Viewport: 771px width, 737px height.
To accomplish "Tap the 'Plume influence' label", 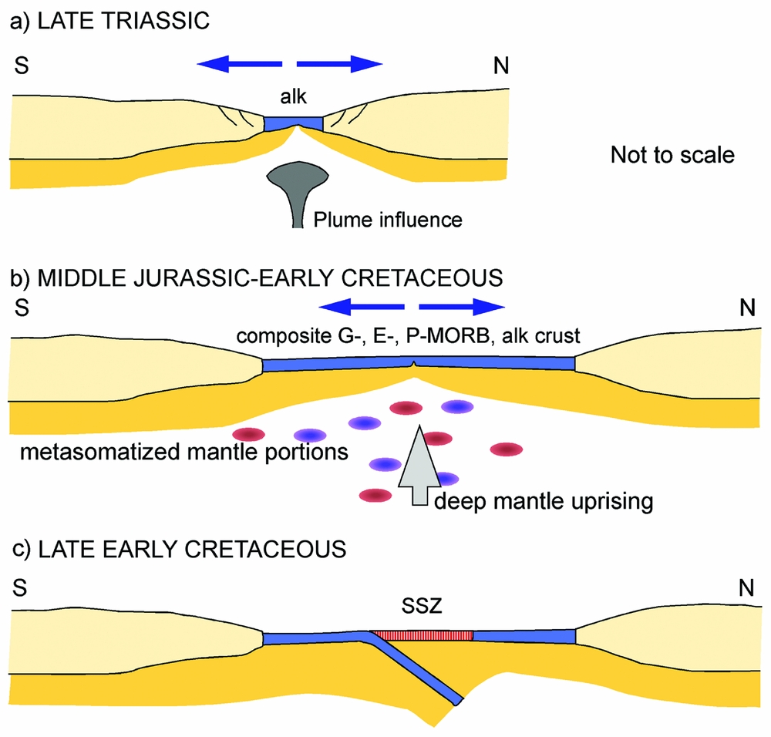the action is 388,220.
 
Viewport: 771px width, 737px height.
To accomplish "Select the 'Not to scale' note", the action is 672,155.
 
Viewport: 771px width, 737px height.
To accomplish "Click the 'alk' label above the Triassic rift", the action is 294,97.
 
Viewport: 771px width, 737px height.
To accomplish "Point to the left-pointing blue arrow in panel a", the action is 240,64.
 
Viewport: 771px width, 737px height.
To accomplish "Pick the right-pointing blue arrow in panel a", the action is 340,64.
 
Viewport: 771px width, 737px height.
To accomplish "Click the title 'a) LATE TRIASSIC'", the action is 109,21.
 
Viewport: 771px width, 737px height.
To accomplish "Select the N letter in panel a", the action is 501,66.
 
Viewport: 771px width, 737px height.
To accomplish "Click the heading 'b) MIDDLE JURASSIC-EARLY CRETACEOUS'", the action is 256,278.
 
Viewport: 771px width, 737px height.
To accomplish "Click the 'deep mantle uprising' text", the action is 544,502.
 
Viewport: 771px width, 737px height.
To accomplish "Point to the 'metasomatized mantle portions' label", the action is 184,452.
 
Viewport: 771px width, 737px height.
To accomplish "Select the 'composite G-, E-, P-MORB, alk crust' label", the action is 408,336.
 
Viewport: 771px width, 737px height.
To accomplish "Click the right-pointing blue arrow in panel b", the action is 462,307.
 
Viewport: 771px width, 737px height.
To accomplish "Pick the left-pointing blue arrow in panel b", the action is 362,307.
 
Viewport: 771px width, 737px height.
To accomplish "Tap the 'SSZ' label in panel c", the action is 422,606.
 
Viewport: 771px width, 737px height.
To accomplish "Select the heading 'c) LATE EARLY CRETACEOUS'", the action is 179,549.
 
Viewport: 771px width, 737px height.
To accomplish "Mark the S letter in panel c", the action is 20,587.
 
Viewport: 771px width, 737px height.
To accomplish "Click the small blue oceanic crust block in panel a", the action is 294,123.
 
